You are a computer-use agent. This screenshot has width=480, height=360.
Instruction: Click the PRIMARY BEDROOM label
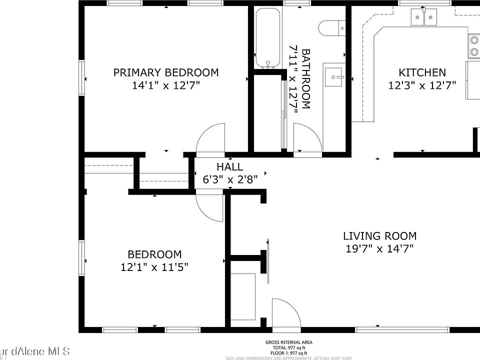[165, 73]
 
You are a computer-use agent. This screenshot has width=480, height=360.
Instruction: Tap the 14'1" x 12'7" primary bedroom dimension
[165, 85]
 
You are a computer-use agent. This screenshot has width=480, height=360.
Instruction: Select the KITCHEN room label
[422, 73]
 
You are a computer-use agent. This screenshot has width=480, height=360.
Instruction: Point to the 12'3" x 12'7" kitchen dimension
[422, 85]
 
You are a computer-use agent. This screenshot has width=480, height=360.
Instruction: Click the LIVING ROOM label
[379, 236]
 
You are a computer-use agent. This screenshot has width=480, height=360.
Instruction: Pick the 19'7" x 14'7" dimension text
[379, 248]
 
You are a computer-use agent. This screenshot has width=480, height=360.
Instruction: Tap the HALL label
[229, 167]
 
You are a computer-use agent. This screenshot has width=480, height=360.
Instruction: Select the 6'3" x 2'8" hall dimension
[229, 179]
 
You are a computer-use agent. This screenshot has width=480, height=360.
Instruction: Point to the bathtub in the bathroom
[268, 38]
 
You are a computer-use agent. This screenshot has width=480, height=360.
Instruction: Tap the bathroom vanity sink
[334, 77]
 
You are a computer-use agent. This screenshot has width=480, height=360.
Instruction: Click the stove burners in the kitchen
[473, 45]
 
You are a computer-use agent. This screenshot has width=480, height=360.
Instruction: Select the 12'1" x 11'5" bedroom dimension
[154, 267]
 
